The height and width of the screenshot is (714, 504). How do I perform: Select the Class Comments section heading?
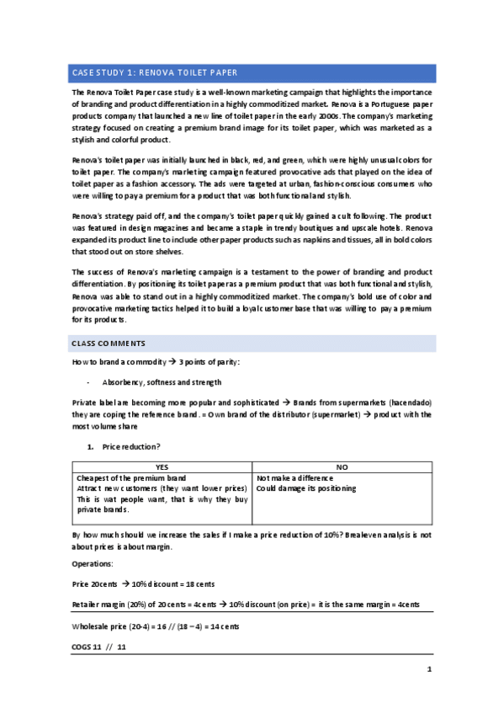tap(109, 344)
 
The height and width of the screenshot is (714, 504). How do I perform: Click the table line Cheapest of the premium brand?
tap(131, 477)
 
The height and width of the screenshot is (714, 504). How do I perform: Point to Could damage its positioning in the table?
tap(305, 488)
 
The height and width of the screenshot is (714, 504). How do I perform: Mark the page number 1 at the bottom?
tap(429, 669)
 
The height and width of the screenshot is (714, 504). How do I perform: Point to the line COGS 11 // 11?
tap(98, 648)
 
